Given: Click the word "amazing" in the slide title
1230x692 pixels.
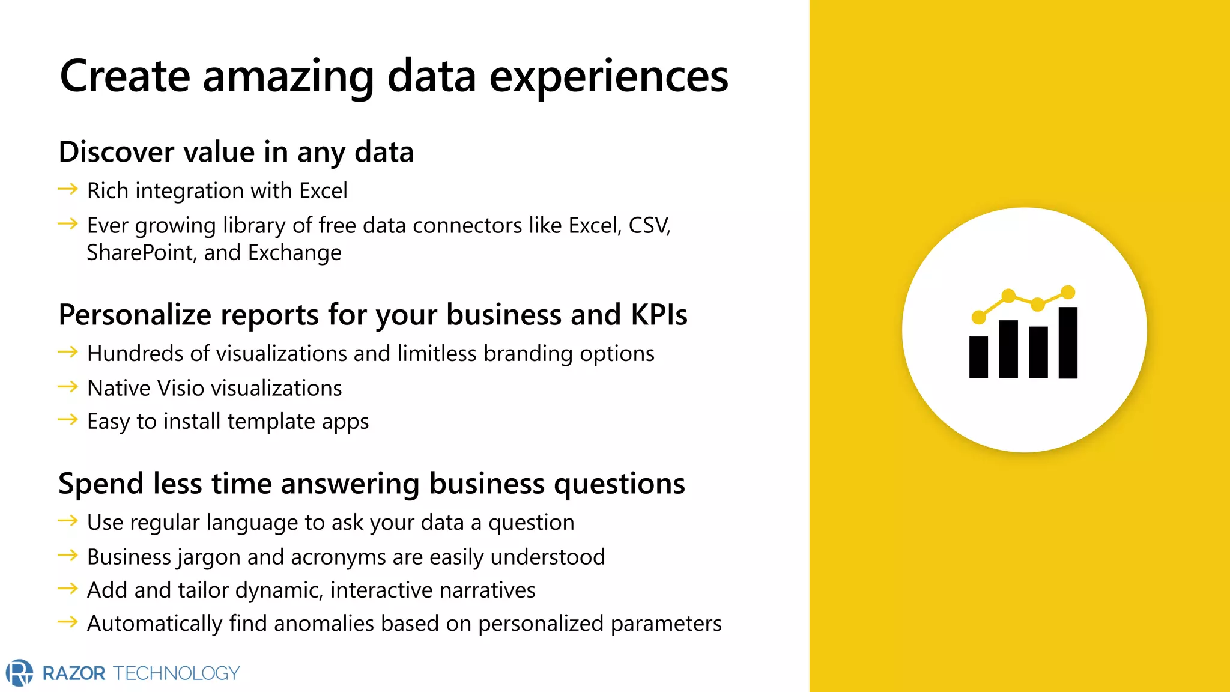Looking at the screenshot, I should click(288, 77).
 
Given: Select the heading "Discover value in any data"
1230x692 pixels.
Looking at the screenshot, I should click(236, 152).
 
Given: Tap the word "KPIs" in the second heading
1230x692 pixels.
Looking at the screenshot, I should click(659, 315).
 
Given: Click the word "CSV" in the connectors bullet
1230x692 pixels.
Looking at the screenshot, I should click(648, 225).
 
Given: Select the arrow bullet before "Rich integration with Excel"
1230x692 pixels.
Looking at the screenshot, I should click(68, 190).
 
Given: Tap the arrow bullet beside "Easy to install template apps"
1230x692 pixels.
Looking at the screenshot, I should click(68, 420).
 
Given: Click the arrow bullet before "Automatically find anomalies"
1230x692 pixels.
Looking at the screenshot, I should click(68, 622).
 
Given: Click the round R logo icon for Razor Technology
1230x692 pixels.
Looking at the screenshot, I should click(19, 672).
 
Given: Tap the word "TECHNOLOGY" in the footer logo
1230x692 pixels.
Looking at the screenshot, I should click(177, 673).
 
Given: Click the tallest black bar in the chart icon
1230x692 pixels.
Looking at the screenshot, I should click(1067, 342).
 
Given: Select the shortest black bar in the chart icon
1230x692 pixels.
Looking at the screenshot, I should click(978, 357).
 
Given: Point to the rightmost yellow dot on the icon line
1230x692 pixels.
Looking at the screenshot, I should click(1068, 293).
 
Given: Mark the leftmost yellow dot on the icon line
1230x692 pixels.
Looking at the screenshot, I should click(978, 317).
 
